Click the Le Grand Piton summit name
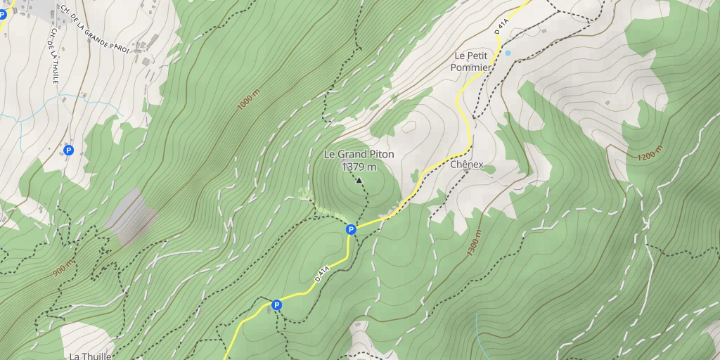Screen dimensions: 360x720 359,154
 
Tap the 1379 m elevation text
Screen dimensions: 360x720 359,167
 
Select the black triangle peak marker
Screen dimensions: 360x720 359,181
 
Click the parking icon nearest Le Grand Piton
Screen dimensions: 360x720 351,229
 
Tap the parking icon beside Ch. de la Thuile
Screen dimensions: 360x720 68,150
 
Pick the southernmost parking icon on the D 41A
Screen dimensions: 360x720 276,305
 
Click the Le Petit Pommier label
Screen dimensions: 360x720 472,61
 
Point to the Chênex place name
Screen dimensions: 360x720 468,165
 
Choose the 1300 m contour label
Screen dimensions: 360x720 475,243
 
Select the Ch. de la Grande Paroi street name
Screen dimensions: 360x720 95,30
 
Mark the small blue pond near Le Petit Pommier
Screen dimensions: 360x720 508,53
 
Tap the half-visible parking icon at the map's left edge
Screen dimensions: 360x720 3,14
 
